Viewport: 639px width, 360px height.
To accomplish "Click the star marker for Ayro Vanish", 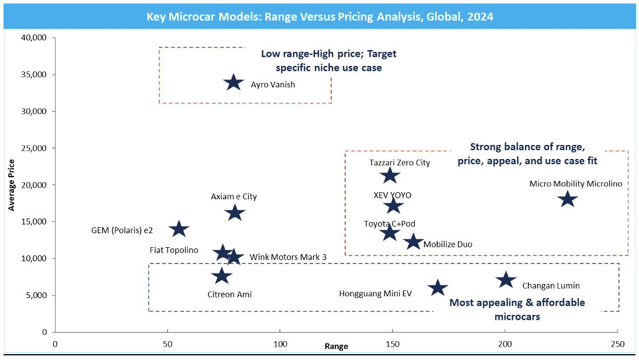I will (x=233, y=82).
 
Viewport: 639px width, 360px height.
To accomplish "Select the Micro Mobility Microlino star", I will (x=567, y=199).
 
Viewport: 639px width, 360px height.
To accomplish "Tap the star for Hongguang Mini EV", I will (x=437, y=288).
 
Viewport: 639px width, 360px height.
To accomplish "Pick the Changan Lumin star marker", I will (x=506, y=280).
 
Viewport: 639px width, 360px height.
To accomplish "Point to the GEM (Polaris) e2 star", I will (x=179, y=229).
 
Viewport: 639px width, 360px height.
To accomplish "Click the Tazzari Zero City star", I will (x=390, y=175).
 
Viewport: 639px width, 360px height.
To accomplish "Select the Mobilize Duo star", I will (x=413, y=241).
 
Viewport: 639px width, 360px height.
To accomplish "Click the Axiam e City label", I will (x=234, y=197).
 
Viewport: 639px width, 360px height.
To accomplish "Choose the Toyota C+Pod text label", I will (x=390, y=224).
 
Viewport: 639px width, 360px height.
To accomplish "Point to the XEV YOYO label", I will (x=393, y=195).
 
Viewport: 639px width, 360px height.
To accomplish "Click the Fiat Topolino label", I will (x=174, y=250).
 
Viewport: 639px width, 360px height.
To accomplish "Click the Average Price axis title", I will (x=12, y=185).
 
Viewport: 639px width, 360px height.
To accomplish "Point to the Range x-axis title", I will (x=336, y=347).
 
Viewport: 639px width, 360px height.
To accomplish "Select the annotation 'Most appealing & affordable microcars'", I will (x=516, y=309).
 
